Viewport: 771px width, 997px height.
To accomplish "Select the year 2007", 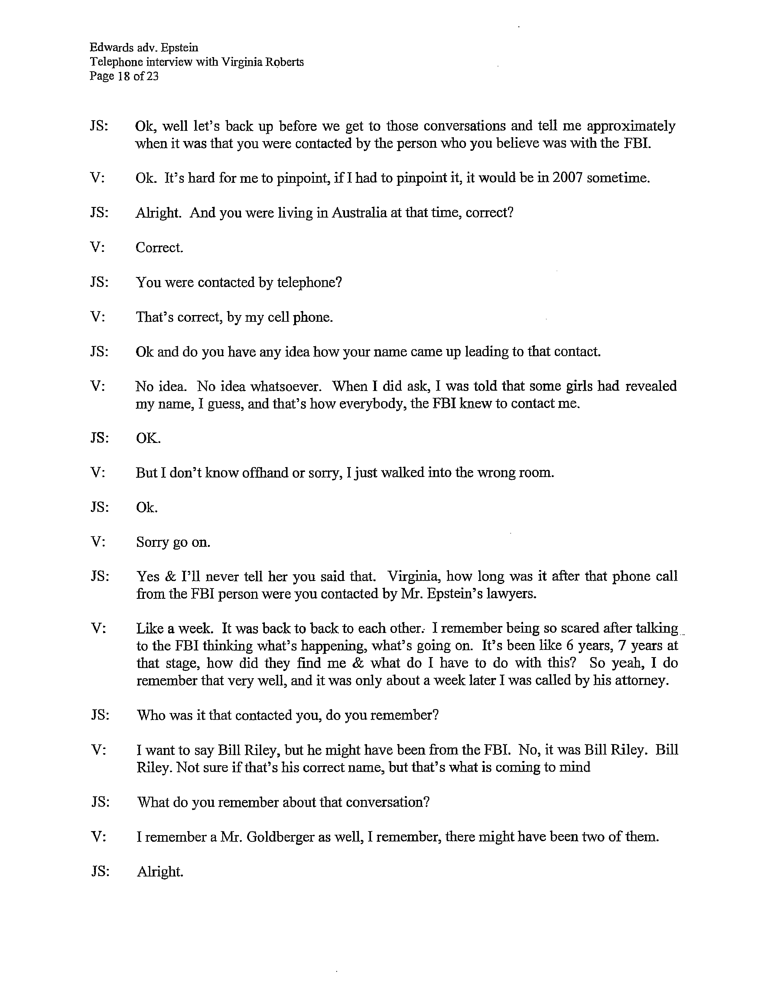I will point(567,178).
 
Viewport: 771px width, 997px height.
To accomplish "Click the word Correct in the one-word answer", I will point(159,247).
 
